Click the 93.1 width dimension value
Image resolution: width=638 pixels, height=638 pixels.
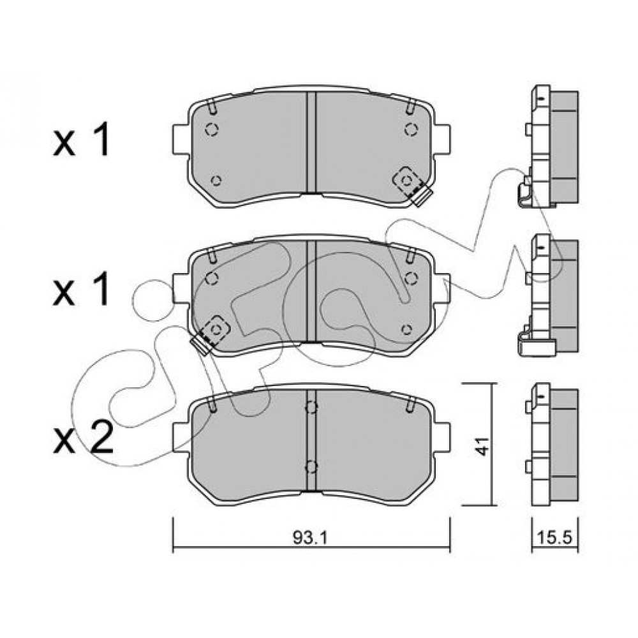tap(310, 538)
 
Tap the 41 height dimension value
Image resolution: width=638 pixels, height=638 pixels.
tap(482, 446)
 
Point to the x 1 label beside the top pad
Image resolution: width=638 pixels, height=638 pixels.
tap(82, 141)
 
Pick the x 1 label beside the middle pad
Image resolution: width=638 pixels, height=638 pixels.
tap(82, 289)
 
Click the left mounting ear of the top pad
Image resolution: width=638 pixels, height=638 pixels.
tap(181, 140)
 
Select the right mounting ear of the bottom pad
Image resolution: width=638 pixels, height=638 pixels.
tap(442, 438)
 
